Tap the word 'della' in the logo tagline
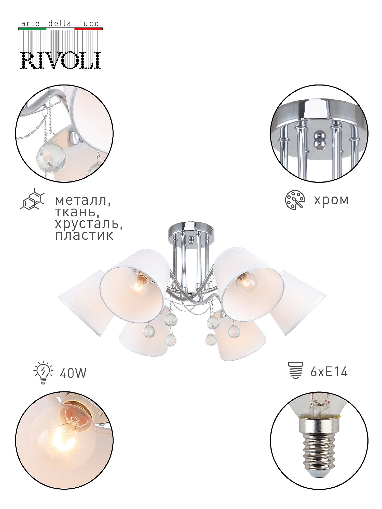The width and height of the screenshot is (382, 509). pos(60,24)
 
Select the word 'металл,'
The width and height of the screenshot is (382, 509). pos(83,201)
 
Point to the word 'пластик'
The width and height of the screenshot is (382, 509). pos(84,236)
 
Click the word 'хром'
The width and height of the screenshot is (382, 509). pos(331,200)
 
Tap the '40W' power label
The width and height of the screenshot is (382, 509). pos(73,373)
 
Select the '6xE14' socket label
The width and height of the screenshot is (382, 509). pos(329,372)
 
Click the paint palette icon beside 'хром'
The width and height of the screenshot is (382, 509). pos(295,200)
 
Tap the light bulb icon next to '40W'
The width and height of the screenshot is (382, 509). pos(43,372)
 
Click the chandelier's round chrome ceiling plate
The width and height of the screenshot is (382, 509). pos(191,230)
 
